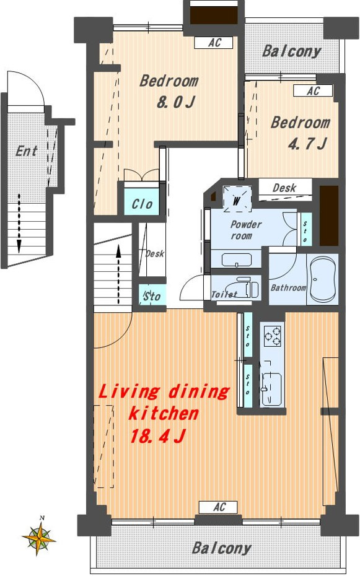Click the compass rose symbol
click(x=38, y=536)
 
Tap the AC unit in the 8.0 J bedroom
click(x=213, y=43)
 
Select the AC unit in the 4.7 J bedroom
click(x=313, y=90)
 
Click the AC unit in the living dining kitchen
click(x=218, y=507)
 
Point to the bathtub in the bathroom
click(x=322, y=279)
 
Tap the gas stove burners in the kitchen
click(x=273, y=336)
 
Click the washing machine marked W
click(x=237, y=200)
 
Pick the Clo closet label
click(x=142, y=204)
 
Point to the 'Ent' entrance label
click(x=27, y=151)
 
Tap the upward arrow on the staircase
click(x=118, y=274)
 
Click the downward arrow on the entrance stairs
click(x=19, y=224)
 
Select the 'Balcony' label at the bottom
click(x=221, y=549)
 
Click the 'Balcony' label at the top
click(x=292, y=51)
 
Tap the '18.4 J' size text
click(x=157, y=436)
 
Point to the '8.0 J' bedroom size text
click(x=176, y=102)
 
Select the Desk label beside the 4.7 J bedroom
click(x=284, y=188)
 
